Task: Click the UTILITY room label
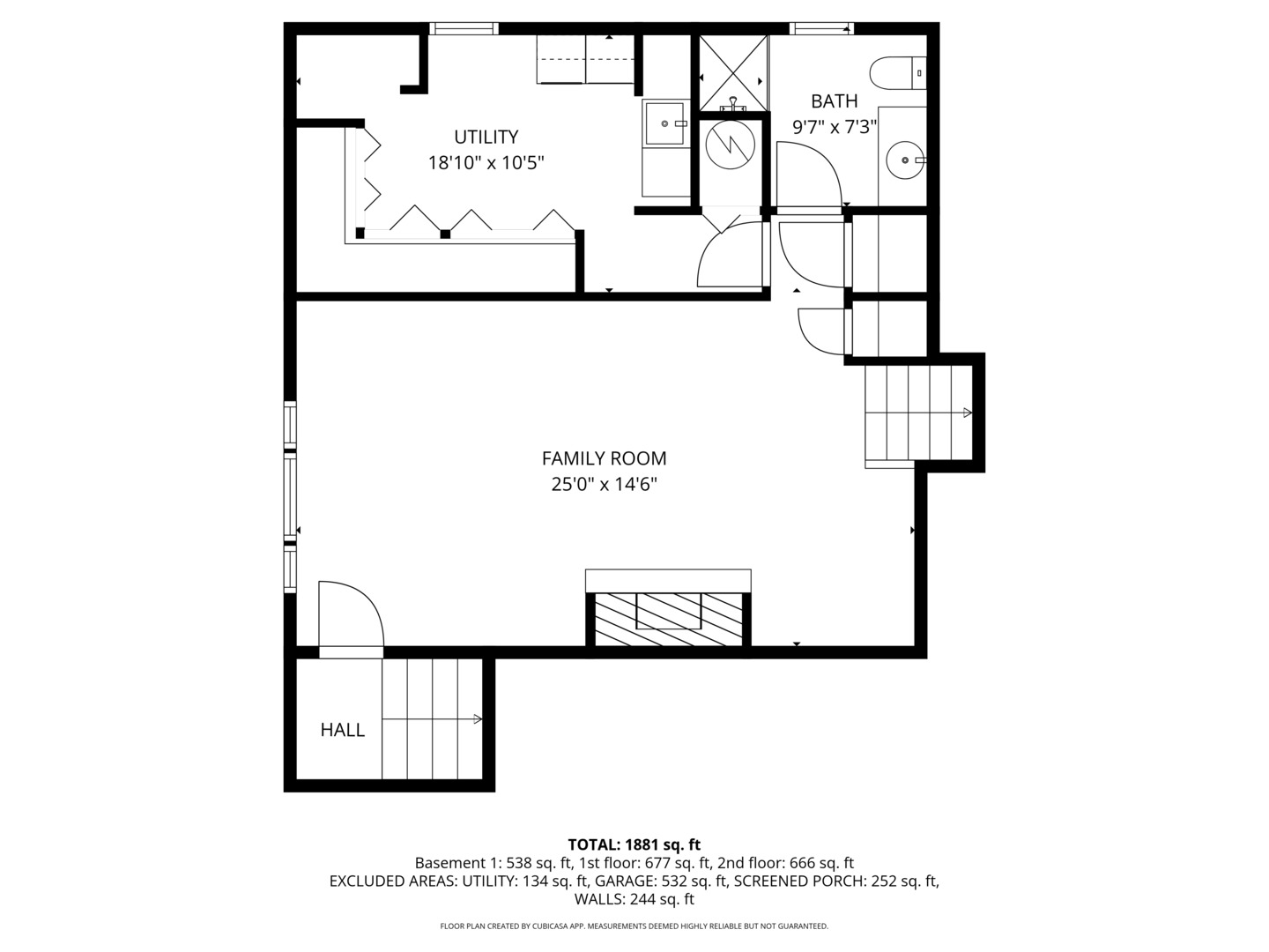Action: tap(486, 137)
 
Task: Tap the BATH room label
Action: tap(834, 101)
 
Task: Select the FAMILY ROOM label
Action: tap(604, 458)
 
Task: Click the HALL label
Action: tap(342, 730)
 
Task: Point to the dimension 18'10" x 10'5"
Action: tap(486, 163)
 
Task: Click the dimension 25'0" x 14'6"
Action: tap(604, 484)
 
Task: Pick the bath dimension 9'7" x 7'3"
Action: tap(834, 127)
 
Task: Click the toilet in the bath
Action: tap(897, 72)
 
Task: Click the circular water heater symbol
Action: tap(731, 144)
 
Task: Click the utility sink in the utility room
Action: tap(664, 123)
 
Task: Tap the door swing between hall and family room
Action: tap(351, 617)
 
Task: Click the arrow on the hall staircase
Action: tap(477, 719)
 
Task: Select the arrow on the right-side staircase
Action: tap(967, 413)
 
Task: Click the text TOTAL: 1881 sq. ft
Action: tap(634, 844)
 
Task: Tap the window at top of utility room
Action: tap(464, 29)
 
